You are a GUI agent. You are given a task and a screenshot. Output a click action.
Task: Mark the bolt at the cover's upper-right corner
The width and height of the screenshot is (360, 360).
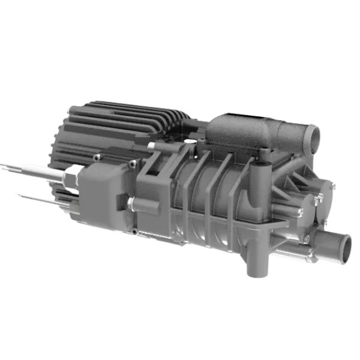tap(133, 163)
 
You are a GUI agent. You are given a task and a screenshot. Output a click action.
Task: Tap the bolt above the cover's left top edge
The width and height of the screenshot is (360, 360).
tap(96, 157)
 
